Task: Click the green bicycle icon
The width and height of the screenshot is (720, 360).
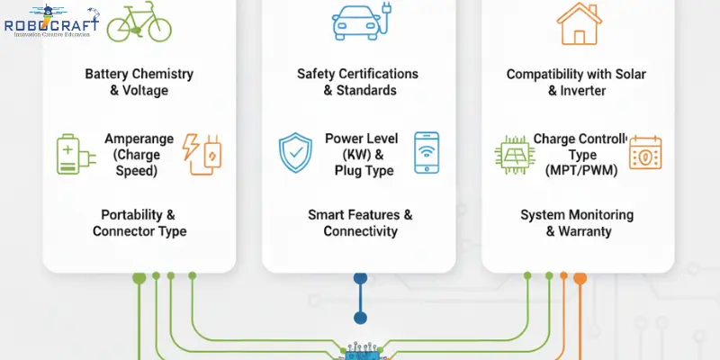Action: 139,24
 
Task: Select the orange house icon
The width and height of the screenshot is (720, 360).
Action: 577,24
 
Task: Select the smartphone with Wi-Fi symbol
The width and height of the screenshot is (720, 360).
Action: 427,152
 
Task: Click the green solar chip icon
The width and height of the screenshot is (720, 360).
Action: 515,155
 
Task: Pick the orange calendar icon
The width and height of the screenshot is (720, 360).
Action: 644,154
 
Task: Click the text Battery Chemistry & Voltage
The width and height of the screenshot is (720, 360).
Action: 139,82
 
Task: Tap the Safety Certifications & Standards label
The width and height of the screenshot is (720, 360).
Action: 358,82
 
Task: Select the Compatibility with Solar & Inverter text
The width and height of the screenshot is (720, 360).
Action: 577,82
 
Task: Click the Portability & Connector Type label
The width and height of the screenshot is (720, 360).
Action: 139,223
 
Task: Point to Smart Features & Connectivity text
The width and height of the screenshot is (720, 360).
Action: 360,223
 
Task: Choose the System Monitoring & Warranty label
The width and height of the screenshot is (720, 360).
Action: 577,223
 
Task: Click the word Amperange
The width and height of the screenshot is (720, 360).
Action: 138,139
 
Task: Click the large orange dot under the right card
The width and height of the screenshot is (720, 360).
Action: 580,276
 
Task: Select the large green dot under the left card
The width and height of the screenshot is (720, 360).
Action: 139,276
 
